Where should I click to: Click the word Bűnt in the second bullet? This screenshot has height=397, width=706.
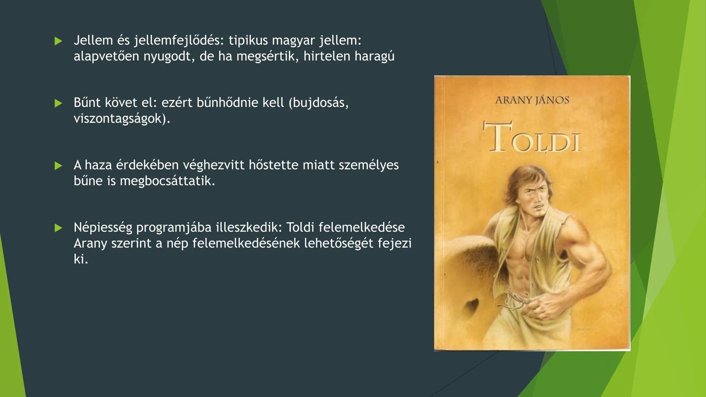87,103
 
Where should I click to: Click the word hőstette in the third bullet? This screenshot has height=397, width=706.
273,165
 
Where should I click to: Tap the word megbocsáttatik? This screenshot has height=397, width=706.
167,181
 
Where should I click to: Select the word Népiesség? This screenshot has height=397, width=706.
103,228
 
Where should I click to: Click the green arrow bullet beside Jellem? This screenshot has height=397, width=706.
58,41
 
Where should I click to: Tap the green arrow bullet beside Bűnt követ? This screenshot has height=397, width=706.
58,103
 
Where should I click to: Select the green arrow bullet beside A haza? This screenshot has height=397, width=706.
58,166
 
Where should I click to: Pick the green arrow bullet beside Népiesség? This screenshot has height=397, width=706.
58,228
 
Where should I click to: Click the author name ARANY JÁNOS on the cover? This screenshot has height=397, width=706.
532,100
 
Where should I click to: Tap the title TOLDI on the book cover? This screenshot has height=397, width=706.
532,138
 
